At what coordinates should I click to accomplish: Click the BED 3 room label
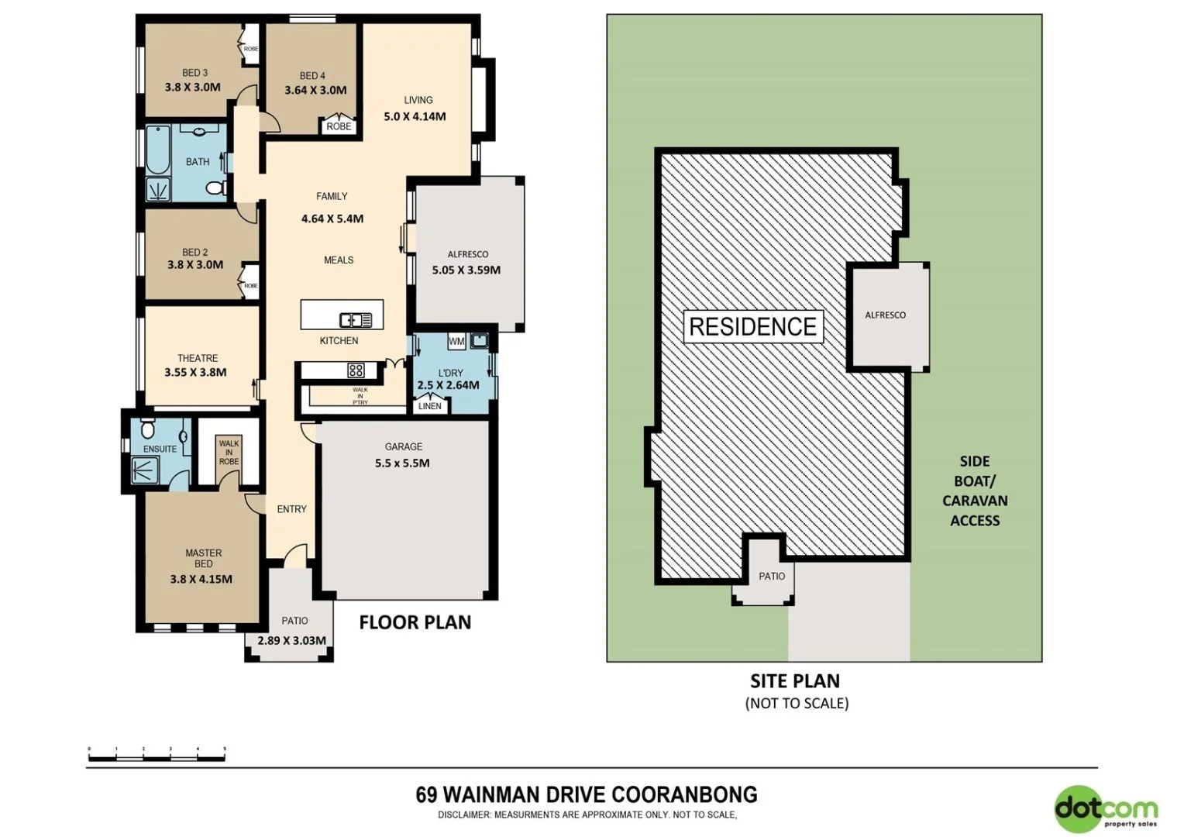point(194,73)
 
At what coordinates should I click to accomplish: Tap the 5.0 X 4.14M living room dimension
point(415,117)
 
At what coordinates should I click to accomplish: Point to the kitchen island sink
point(356,319)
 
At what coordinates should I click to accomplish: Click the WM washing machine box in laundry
point(456,341)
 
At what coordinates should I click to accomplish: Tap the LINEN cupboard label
point(429,406)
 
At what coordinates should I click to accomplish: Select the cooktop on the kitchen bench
point(356,370)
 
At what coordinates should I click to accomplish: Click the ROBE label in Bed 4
point(339,126)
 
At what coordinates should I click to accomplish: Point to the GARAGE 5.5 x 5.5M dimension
point(402,463)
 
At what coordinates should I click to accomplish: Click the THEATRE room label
point(198,358)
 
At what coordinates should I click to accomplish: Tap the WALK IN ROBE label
point(229,453)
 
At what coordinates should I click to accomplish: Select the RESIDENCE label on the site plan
point(752,327)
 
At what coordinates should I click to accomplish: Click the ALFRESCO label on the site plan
point(885,315)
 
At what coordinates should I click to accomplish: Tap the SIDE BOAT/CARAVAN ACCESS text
point(974,491)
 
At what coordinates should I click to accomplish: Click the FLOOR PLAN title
point(415,622)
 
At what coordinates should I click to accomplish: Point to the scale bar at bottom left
point(157,756)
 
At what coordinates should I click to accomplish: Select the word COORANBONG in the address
point(684,794)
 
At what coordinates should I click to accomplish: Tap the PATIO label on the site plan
point(771,576)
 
